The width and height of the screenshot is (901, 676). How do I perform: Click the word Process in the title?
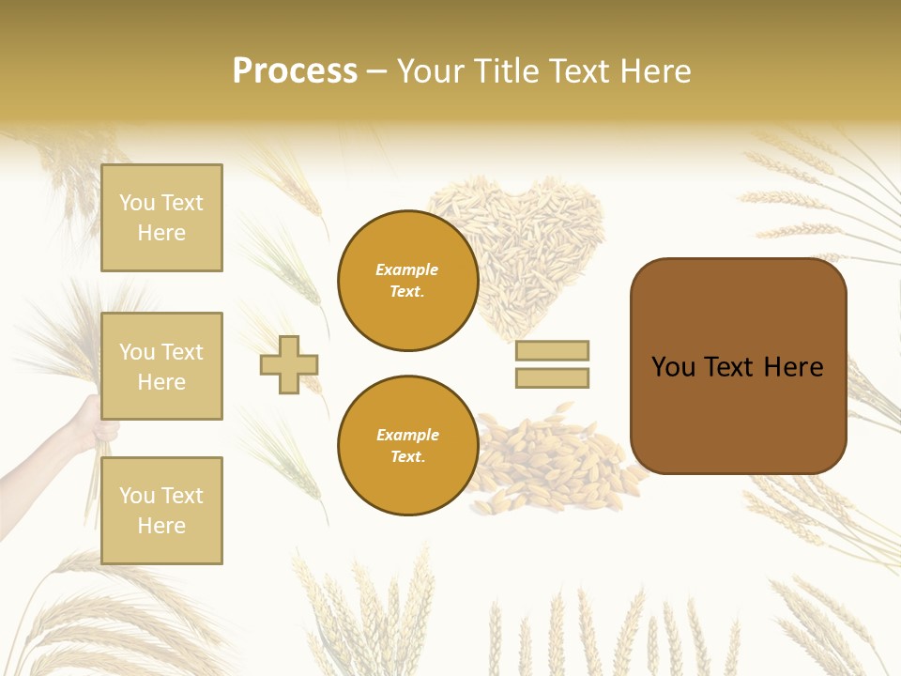[x=295, y=71]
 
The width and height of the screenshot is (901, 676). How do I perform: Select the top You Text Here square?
[x=161, y=218]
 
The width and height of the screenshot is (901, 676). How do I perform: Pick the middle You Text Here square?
[x=161, y=366]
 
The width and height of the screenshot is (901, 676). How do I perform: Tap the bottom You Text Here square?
[x=161, y=511]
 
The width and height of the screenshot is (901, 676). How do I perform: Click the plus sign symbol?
[x=289, y=364]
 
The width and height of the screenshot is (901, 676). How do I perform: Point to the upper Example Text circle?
[x=408, y=281]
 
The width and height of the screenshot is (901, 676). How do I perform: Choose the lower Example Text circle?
[x=408, y=446]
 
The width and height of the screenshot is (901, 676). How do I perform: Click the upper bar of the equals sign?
[x=552, y=350]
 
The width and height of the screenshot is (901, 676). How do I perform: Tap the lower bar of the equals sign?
[x=552, y=378]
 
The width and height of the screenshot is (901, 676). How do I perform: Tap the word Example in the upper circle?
[x=406, y=270]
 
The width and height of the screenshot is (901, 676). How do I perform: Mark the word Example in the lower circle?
[x=407, y=436]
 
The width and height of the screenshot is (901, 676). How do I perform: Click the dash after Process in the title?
[x=377, y=71]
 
